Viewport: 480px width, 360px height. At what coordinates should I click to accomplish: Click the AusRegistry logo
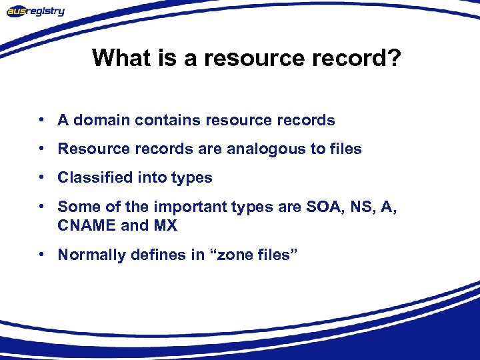pyautogui.click(x=36, y=11)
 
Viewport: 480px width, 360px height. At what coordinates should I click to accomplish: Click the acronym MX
pyautogui.click(x=165, y=225)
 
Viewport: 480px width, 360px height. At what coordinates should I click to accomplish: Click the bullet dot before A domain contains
pyautogui.click(x=42, y=121)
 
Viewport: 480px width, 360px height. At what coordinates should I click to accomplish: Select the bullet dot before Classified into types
pyautogui.click(x=42, y=178)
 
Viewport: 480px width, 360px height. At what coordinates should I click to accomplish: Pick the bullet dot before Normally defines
pyautogui.click(x=42, y=255)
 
